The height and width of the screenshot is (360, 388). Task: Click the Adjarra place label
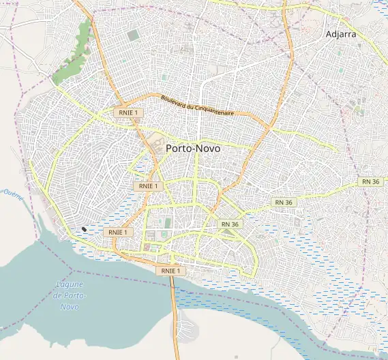click(341, 33)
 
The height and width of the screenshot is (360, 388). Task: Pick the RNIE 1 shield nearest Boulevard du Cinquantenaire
click(127, 112)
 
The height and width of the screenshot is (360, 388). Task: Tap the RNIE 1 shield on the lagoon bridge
click(169, 271)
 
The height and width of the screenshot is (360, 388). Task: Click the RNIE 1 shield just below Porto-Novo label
click(147, 185)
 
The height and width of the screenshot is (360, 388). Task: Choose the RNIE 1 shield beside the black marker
click(116, 232)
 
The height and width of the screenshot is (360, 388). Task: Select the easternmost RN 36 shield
click(370, 181)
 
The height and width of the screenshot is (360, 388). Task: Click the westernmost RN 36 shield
click(230, 224)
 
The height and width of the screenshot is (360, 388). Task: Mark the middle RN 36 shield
click(284, 202)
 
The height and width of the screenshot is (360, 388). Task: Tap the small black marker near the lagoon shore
click(84, 229)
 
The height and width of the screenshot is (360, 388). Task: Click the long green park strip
click(74, 55)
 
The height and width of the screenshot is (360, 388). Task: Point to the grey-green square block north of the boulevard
click(132, 35)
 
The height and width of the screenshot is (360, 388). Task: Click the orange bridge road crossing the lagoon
click(175, 307)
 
